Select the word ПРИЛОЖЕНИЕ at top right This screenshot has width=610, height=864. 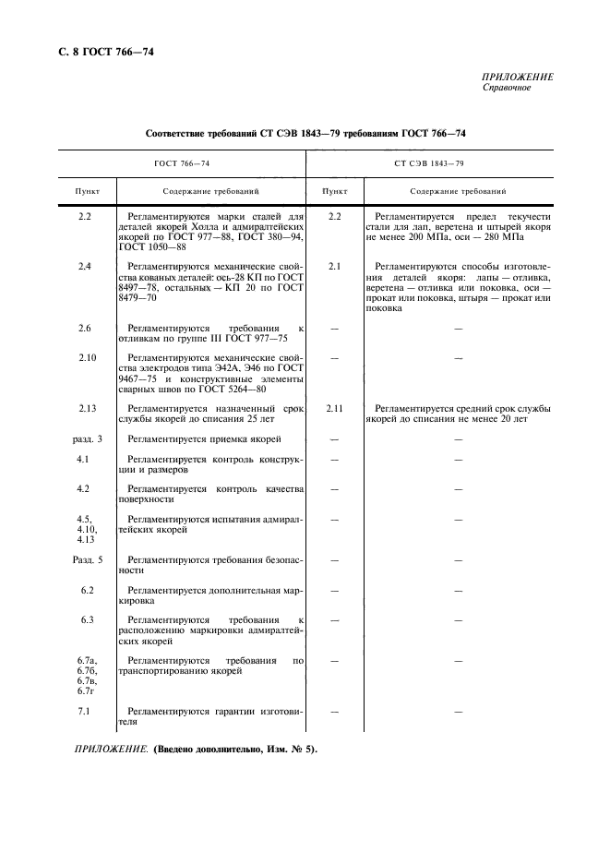tap(518, 78)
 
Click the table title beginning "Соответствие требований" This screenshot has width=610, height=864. tap(305, 134)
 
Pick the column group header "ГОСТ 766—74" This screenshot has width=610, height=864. tap(182, 163)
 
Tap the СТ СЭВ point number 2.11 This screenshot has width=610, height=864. tap(335, 407)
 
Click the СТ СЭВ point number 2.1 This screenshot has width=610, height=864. tap(335, 267)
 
